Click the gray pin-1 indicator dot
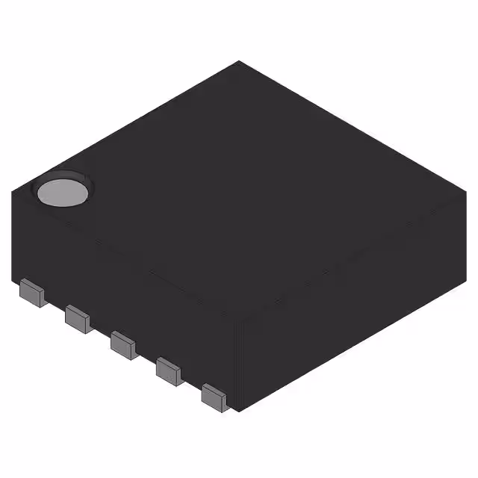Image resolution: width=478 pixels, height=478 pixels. point(63,192)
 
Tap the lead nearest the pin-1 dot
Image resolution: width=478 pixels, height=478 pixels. point(31,292)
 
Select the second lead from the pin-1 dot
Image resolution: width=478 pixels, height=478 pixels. point(77,318)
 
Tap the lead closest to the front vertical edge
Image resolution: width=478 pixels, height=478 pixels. point(214,396)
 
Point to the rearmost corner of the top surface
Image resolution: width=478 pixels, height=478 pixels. point(239,61)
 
